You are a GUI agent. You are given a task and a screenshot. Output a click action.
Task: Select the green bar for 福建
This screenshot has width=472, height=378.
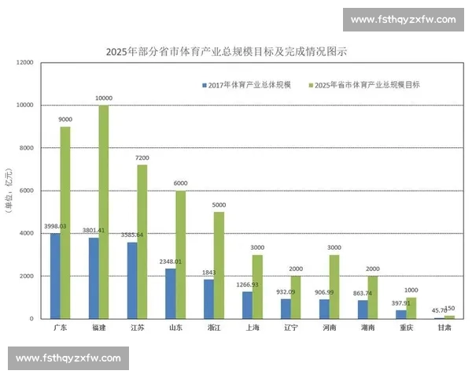104,212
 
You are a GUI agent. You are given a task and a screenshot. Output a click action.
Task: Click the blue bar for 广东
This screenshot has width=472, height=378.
55,276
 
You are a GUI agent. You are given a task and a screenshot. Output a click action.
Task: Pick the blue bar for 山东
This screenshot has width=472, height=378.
171,293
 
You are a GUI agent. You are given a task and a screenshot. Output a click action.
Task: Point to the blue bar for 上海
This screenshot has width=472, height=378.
248,305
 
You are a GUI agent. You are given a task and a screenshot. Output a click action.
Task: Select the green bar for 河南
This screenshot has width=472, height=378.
334,287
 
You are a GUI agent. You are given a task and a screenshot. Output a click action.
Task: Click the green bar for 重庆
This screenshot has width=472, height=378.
411,308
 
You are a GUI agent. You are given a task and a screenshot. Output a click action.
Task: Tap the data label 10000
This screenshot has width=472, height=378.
104,98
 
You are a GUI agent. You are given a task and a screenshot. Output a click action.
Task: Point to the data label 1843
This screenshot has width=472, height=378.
209,272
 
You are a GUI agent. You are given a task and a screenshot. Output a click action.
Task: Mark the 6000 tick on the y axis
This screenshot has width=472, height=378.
28,191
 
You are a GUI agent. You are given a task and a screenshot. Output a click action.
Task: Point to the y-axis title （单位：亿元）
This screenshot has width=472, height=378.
9,191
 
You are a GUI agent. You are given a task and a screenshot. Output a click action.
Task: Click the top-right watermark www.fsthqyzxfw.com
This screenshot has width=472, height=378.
403,19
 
